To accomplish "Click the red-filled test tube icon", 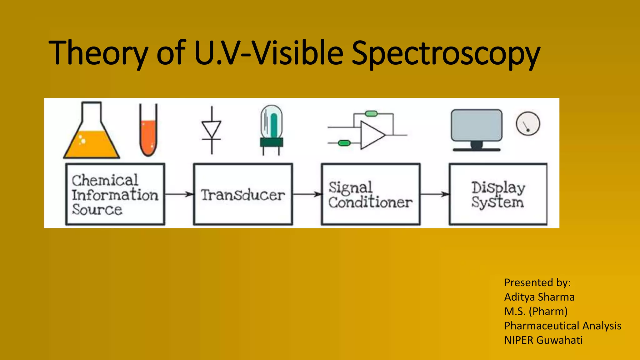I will click(148, 131).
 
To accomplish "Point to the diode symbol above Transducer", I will click(212, 130).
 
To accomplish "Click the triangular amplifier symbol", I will click(372, 135).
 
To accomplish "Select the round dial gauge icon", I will click(528, 124).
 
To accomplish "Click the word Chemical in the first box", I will click(105, 180).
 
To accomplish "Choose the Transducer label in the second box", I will click(243, 195).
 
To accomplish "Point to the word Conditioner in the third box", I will click(370, 202).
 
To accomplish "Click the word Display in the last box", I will click(498, 187).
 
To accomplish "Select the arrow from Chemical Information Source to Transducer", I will click(179, 194).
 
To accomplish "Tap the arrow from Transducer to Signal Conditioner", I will click(307, 194).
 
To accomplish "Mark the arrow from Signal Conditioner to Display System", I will click(435, 194).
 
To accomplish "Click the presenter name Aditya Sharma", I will click(539, 297).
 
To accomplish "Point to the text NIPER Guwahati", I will click(543, 340).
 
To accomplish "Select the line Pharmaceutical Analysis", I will click(562, 326).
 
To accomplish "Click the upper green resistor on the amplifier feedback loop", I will click(371, 114).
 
